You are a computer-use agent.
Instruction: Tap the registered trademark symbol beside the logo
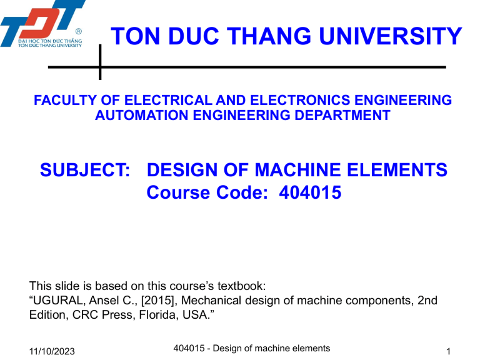[78, 31]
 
